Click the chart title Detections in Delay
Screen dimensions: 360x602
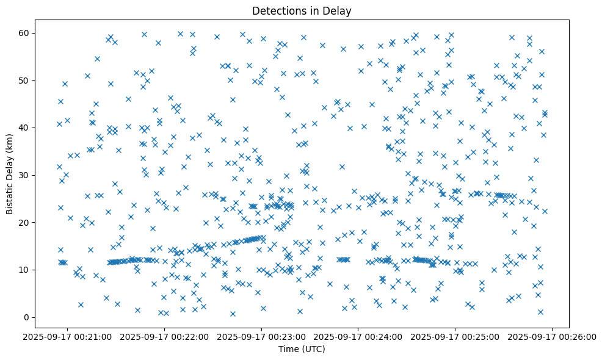302,10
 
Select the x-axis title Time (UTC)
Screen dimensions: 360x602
302,349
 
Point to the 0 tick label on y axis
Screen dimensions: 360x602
37,317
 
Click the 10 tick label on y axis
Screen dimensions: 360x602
34,270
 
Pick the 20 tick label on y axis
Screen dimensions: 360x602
34,222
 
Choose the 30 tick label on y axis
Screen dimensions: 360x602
34,175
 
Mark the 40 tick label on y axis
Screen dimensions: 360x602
34,128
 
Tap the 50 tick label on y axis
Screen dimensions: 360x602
34,80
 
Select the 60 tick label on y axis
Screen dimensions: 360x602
34,33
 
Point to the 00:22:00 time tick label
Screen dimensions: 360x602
165,336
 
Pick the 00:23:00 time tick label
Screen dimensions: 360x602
262,336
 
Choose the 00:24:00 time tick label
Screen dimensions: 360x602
358,336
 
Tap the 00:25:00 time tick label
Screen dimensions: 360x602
455,336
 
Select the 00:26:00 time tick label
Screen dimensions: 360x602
552,336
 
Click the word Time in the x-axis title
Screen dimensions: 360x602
288,349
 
